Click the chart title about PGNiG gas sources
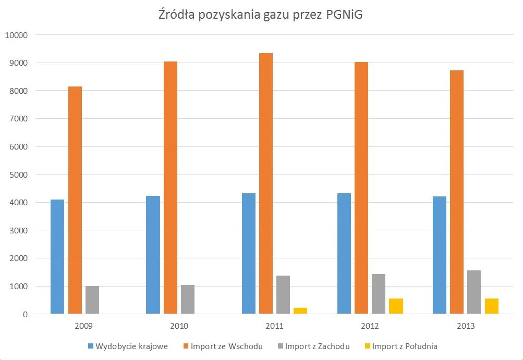pos(261,15)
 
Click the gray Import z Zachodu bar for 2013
pos(474,292)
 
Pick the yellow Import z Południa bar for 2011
pos(300,311)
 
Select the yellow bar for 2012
pos(396,306)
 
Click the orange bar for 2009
pos(75,200)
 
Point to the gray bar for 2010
pos(188,299)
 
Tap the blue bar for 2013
pos(440,255)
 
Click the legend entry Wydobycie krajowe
pos(128,346)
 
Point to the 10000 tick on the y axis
pos(17,35)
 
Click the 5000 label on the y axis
pos(19,175)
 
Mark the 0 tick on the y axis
pos(25,314)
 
